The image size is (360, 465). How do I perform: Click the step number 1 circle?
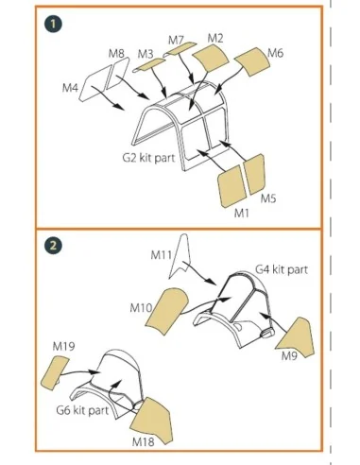pos(53,24)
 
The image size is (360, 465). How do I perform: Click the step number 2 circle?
pos(53,246)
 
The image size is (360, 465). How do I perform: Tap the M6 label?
pos(275,53)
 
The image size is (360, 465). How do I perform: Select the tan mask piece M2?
pos(210,58)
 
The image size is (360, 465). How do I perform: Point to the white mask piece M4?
pos(94,83)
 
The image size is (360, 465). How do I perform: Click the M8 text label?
pos(116,53)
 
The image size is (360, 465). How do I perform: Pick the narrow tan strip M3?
pos(149,65)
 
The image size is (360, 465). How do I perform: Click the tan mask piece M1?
pos(231,186)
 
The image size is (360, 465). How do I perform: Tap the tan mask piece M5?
pos(254,174)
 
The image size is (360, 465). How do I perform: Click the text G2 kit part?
pos(148,157)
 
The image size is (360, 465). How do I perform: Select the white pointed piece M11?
pos(180,256)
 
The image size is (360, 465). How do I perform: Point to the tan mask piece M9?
pos(297,338)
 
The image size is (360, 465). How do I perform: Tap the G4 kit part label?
pos(282,269)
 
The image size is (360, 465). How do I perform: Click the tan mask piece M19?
pos(55,372)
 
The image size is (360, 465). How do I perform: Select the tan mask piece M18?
pos(153,421)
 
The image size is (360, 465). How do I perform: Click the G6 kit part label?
pos(82,410)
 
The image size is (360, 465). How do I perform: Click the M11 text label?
pos(161,254)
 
